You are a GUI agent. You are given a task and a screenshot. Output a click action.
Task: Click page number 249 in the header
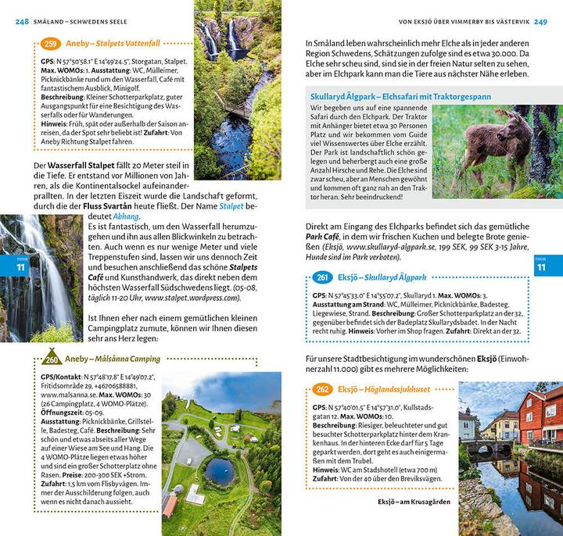click(540, 21)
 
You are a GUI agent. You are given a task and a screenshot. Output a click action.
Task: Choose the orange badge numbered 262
click(321, 389)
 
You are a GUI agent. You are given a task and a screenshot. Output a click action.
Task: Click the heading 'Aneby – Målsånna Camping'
click(113, 359)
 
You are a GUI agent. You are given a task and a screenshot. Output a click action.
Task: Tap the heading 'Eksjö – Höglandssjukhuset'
click(384, 389)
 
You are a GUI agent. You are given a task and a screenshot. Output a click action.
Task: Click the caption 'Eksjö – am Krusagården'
click(414, 501)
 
